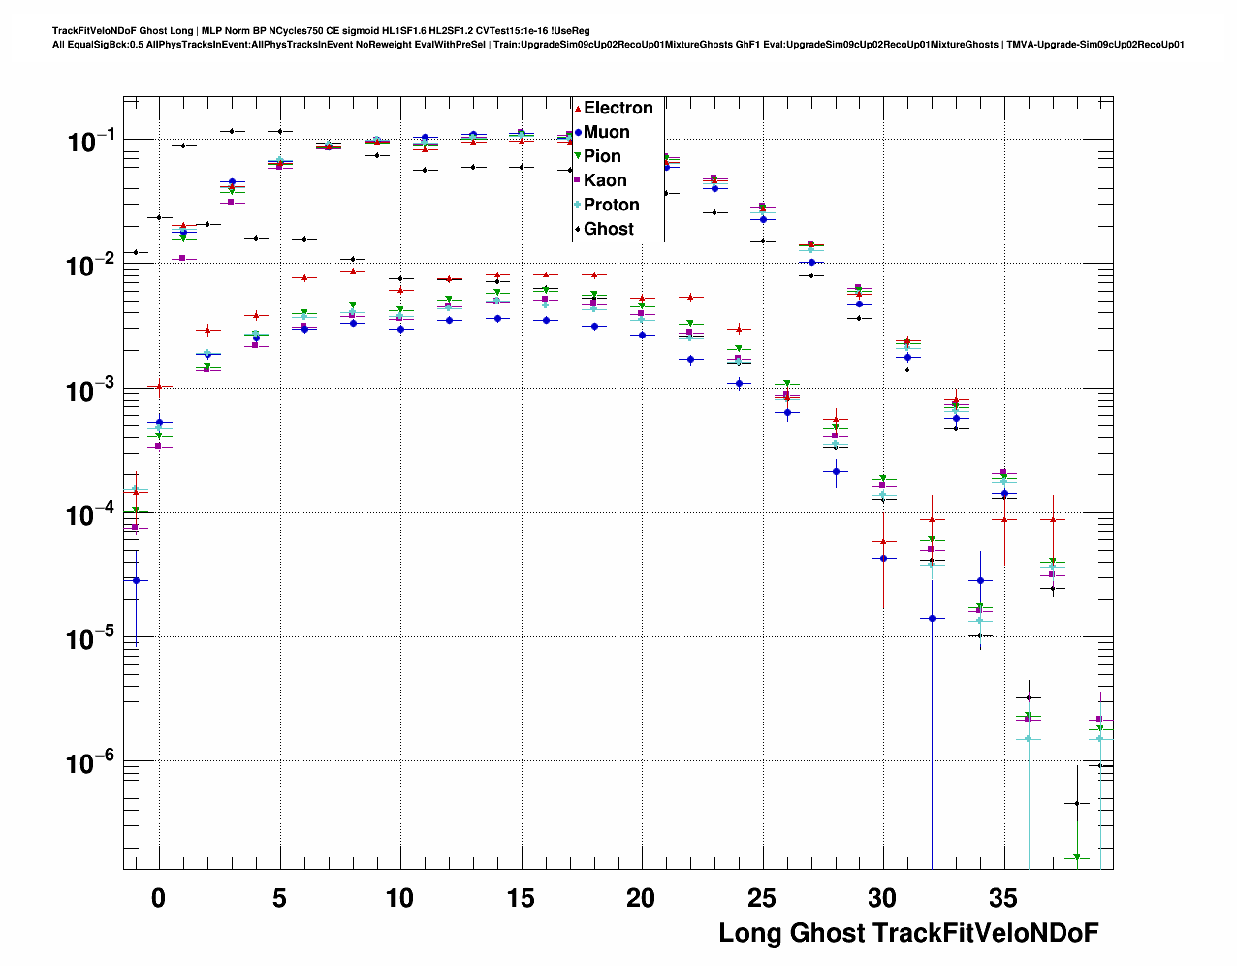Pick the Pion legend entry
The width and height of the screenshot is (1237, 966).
pyautogui.click(x=602, y=156)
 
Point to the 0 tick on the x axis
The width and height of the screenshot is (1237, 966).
pyautogui.click(x=159, y=899)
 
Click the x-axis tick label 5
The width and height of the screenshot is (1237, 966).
pyautogui.click(x=279, y=899)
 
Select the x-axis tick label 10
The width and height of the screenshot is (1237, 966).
pyautogui.click(x=399, y=899)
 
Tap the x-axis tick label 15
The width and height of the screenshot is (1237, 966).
pyautogui.click(x=521, y=899)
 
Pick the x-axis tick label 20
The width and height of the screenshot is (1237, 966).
pyautogui.click(x=641, y=899)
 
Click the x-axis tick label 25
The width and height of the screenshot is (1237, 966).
pyautogui.click(x=762, y=899)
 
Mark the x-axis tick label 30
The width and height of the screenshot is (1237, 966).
pyautogui.click(x=882, y=899)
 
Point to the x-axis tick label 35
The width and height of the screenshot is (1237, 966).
pyautogui.click(x=1003, y=899)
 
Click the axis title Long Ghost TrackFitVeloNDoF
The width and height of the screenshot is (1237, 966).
pyautogui.click(x=908, y=933)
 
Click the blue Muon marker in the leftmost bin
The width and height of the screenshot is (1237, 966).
pyautogui.click(x=136, y=580)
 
